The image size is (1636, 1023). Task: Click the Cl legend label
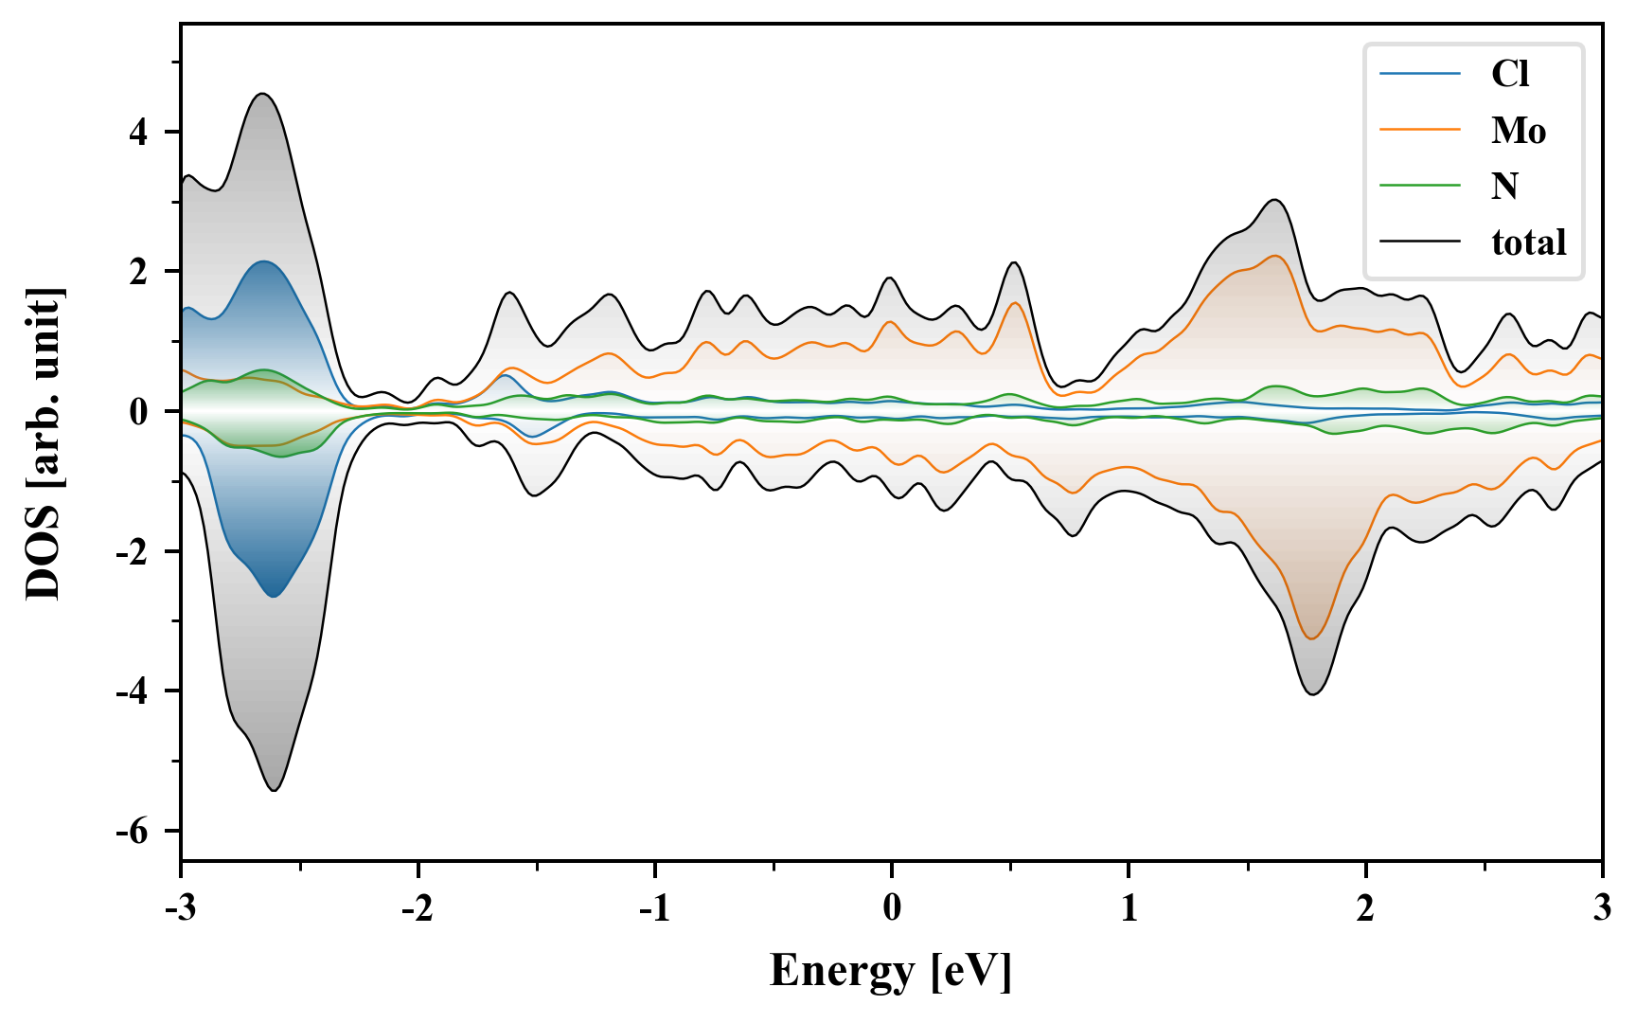[1509, 74]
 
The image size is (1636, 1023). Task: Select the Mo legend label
[1518, 130]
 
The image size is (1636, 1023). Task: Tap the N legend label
[1504, 186]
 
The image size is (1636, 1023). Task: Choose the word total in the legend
[1528, 242]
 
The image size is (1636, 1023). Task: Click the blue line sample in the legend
[1419, 74]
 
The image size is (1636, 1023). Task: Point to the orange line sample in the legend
[1419, 130]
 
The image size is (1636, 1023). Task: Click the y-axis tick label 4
[138, 133]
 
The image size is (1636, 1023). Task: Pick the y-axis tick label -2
[133, 552]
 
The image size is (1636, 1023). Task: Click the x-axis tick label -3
[180, 908]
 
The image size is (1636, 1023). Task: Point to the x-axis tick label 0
[892, 908]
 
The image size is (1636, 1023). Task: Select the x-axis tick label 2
[1365, 908]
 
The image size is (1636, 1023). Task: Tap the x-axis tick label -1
[653, 908]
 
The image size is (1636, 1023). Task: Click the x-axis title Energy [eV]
[891, 971]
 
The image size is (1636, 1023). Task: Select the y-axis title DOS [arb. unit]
[43, 443]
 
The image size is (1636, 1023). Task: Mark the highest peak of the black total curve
[262, 94]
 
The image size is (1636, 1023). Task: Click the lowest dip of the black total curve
[275, 790]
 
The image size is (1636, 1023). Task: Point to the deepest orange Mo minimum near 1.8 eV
[1311, 638]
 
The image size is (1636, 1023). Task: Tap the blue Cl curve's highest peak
[263, 261]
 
